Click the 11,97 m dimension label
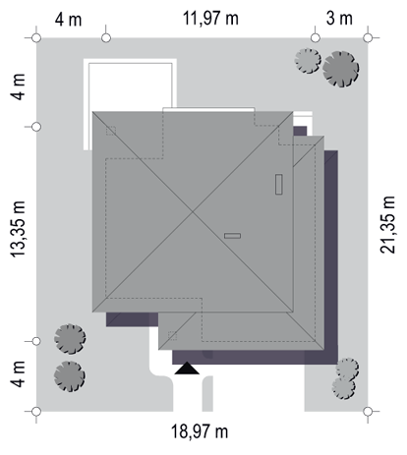pyautogui.click(x=210, y=19)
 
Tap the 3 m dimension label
pyautogui.click(x=339, y=19)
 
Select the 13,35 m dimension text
pyautogui.click(x=18, y=229)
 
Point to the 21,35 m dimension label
pyautogui.click(x=387, y=225)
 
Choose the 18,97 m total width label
pyautogui.click(x=200, y=431)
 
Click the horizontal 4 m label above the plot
pyautogui.click(x=68, y=20)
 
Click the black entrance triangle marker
pyautogui.click(x=187, y=369)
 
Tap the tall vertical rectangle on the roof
pyautogui.click(x=279, y=185)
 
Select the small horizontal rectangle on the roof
pyautogui.click(x=232, y=236)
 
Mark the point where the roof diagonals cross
pyautogui.click(x=193, y=212)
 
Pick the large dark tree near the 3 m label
pyautogui.click(x=340, y=69)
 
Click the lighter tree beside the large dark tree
pyautogui.click(x=308, y=61)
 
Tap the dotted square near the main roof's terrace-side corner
pyautogui.click(x=111, y=131)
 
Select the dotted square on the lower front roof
pyautogui.click(x=172, y=336)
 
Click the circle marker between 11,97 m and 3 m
pyautogui.click(x=316, y=38)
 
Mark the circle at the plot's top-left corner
pyautogui.click(x=36, y=38)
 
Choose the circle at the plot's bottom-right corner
pyautogui.click(x=368, y=411)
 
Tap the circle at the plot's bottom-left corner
pyautogui.click(x=36, y=411)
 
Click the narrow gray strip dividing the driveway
pyautogui.click(x=207, y=394)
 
